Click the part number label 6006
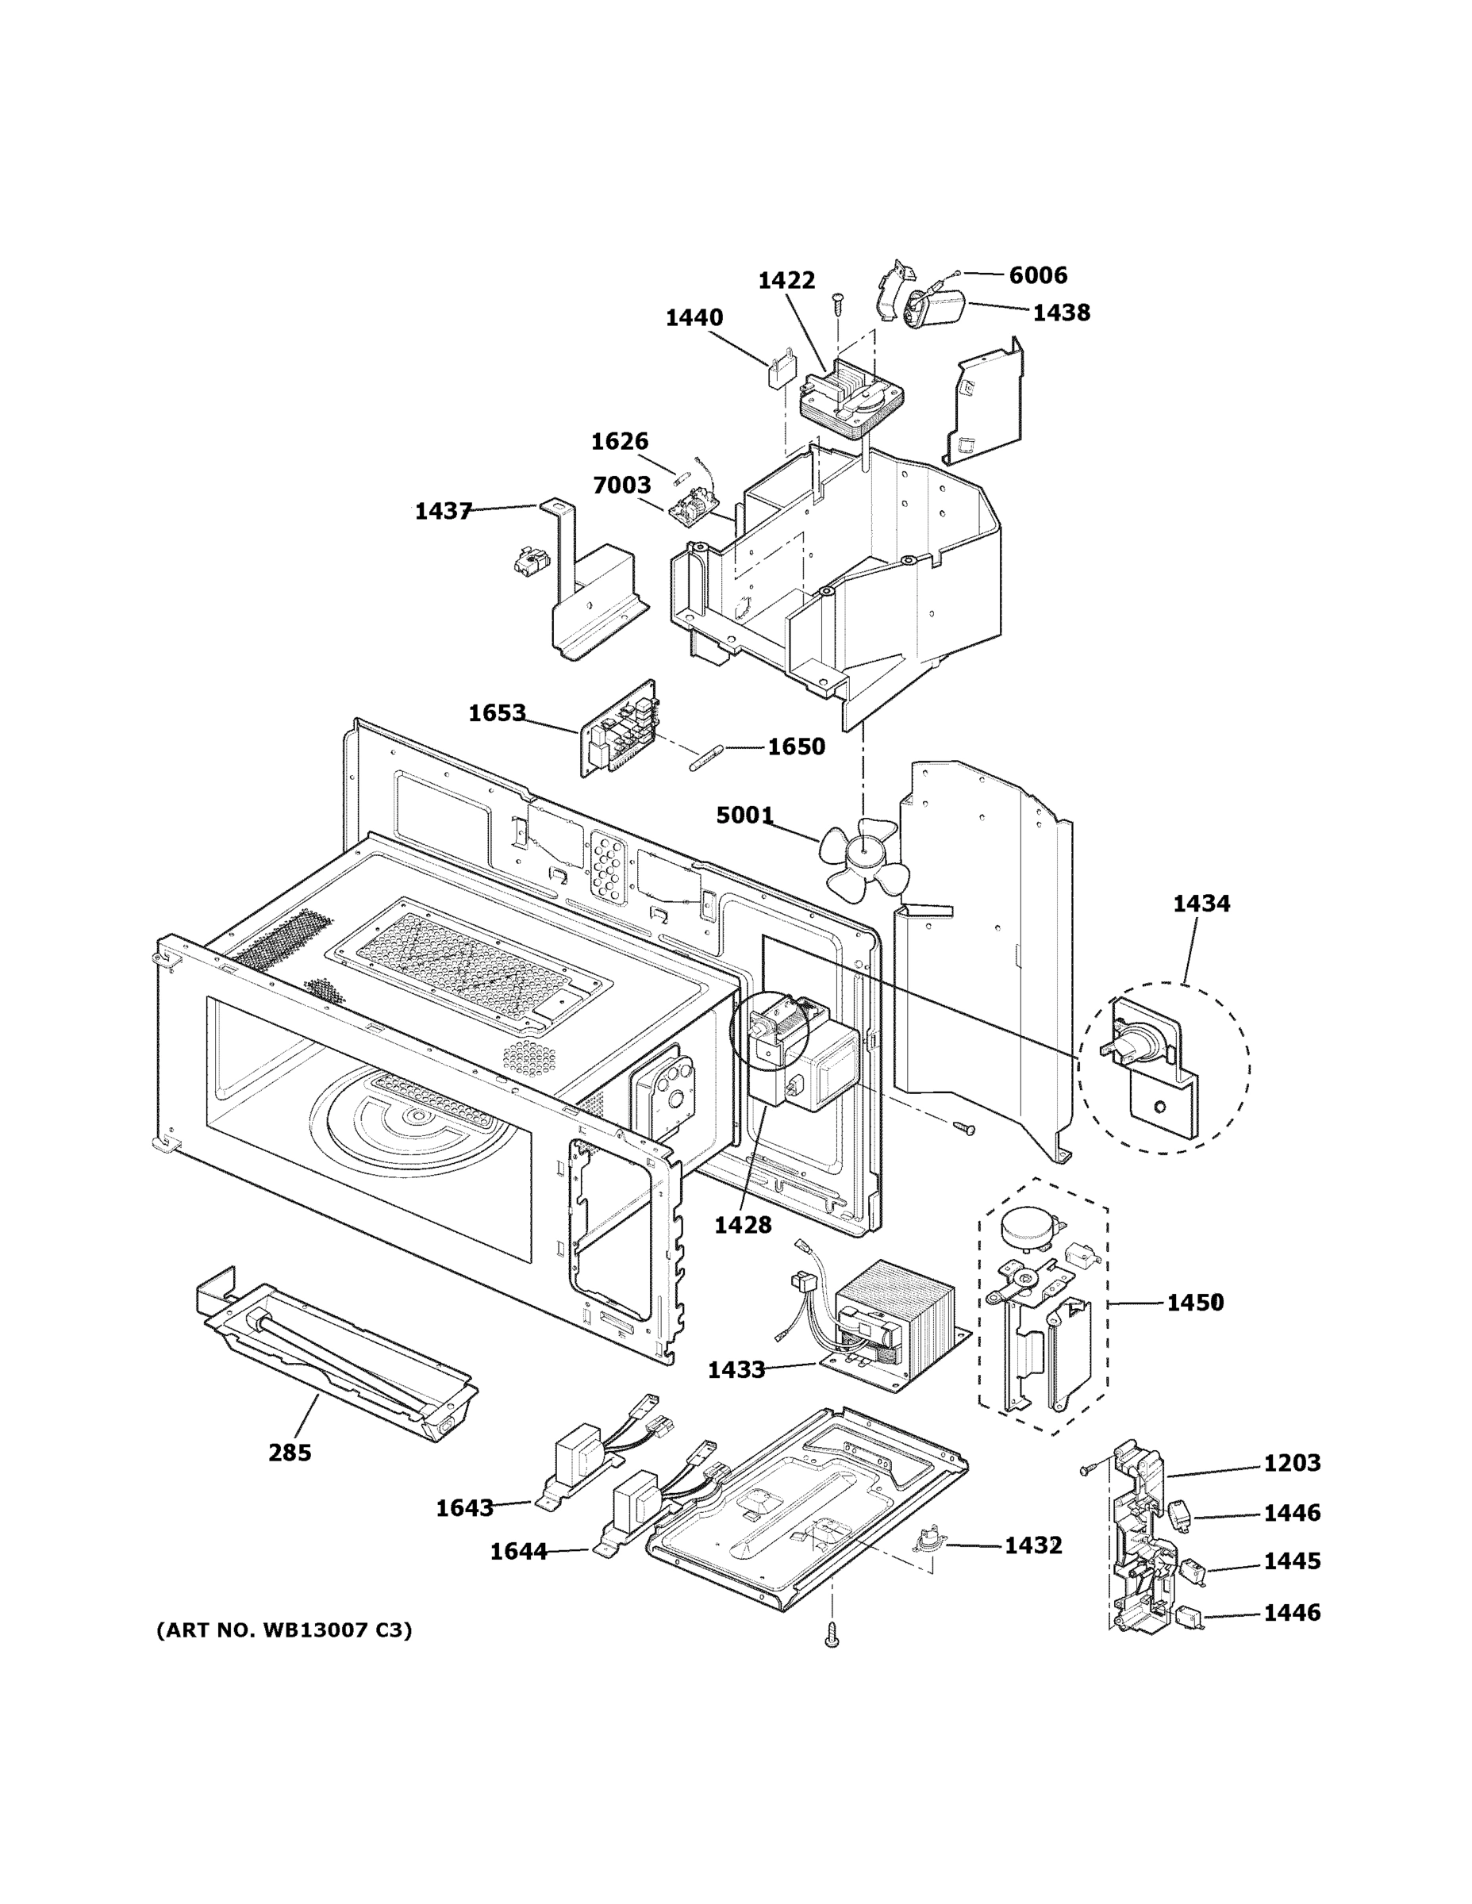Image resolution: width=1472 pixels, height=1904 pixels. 1038,275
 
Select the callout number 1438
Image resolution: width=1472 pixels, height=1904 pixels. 1060,313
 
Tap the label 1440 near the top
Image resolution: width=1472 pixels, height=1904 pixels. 694,318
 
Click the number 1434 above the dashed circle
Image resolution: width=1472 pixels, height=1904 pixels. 1201,904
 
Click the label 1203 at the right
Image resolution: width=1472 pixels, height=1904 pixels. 1292,1464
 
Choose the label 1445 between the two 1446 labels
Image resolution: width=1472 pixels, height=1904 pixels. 1292,1561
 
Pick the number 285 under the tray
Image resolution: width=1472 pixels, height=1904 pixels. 290,1453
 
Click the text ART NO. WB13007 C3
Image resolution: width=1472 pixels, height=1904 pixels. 283,1630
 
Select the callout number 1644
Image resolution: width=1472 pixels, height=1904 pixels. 518,1552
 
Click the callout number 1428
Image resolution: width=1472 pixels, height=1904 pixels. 743,1226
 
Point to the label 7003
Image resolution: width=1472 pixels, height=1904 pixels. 622,486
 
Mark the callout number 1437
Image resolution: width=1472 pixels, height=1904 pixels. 443,512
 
